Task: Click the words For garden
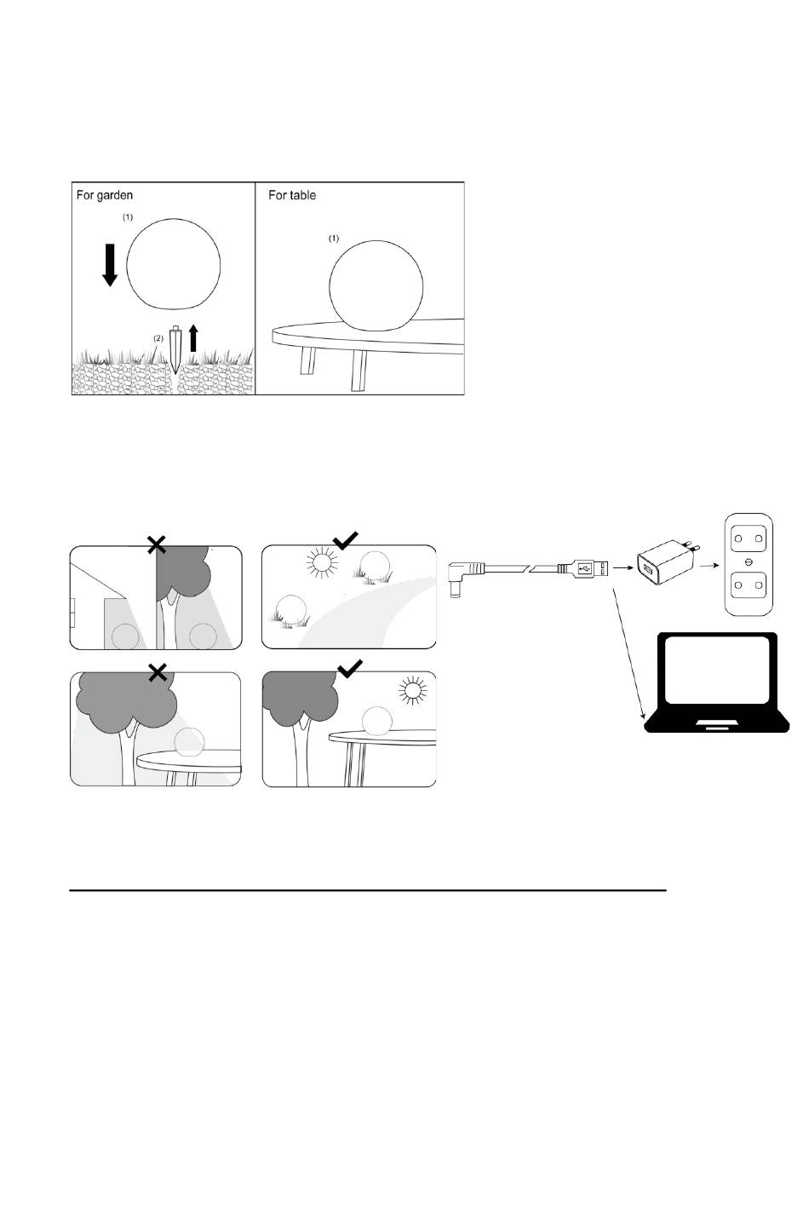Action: coord(104,195)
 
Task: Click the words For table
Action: coord(292,195)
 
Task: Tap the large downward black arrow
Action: coord(110,265)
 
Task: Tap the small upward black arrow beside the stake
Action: coord(193,338)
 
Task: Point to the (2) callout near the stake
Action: coord(158,338)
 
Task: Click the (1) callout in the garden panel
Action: coord(127,217)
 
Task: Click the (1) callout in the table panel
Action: coord(334,239)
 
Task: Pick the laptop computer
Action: coord(717,682)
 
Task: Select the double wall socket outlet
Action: coord(749,565)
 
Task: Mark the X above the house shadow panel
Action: coord(157,545)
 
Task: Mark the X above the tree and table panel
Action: coord(157,672)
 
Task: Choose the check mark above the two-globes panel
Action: coord(346,539)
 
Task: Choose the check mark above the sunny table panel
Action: coord(350,668)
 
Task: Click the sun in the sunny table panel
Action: coord(412,690)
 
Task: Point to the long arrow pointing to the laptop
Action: coord(628,654)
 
